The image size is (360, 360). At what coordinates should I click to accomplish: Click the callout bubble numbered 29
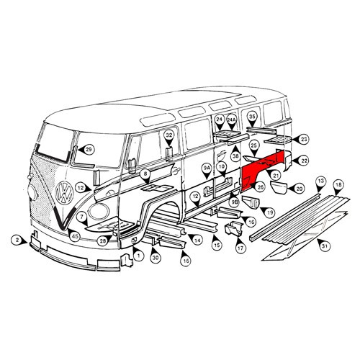pos(89,150)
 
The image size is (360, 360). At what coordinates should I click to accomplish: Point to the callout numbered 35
pos(252,117)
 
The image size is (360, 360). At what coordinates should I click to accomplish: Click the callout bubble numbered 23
pos(303,139)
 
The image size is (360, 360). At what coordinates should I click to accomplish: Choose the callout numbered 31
pos(325,247)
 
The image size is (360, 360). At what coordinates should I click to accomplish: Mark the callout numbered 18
pos(338,186)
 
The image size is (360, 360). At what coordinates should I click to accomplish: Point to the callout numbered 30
pos(155,257)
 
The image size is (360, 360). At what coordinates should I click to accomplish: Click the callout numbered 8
pos(145,174)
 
